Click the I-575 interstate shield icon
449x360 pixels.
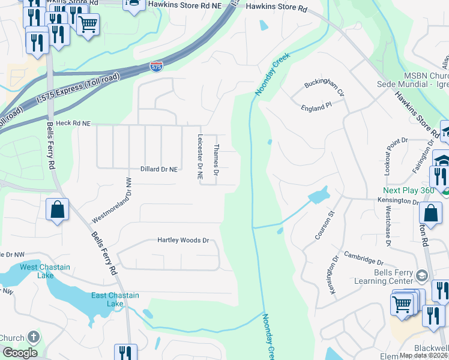(157, 67)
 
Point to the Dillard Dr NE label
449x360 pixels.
(159, 170)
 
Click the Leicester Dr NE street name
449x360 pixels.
(200, 157)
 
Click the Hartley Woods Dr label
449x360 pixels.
(182, 240)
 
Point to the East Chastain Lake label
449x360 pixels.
(115, 299)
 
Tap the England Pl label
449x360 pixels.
(316, 106)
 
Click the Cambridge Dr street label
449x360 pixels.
(363, 258)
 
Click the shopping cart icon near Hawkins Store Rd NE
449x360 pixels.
(88, 25)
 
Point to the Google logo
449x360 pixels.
(19, 353)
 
